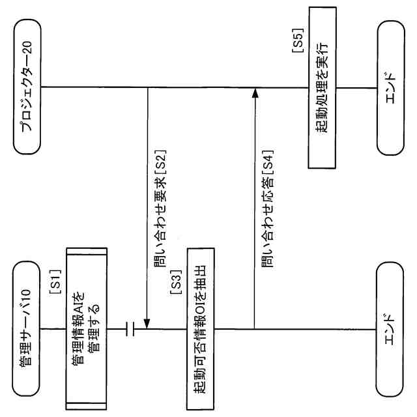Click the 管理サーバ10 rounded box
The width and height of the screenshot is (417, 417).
pyautogui.click(x=28, y=329)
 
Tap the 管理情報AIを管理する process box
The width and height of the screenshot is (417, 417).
pyautogui.click(x=85, y=329)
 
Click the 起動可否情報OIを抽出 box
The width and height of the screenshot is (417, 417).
pyautogui.click(x=201, y=329)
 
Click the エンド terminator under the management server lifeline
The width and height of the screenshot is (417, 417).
pyautogui.click(x=390, y=329)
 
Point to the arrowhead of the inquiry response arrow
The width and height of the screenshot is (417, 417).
pyautogui.click(x=255, y=94)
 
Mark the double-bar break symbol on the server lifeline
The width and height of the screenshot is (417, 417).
pyautogui.click(x=130, y=329)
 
